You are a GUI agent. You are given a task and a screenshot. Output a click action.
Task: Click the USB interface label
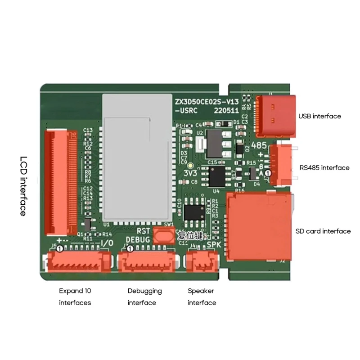tap(319, 116)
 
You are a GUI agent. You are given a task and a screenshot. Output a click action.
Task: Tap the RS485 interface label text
tap(324, 168)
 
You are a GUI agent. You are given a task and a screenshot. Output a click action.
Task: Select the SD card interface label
tap(323, 231)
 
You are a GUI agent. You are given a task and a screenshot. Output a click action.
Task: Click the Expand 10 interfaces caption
tap(75, 297)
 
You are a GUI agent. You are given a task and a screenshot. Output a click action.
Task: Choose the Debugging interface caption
tap(144, 297)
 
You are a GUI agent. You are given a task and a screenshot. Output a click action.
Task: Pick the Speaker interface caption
tap(202, 297)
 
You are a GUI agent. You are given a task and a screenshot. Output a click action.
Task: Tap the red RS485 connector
tap(280, 166)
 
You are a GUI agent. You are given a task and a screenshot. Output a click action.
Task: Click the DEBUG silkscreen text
tap(137, 240)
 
